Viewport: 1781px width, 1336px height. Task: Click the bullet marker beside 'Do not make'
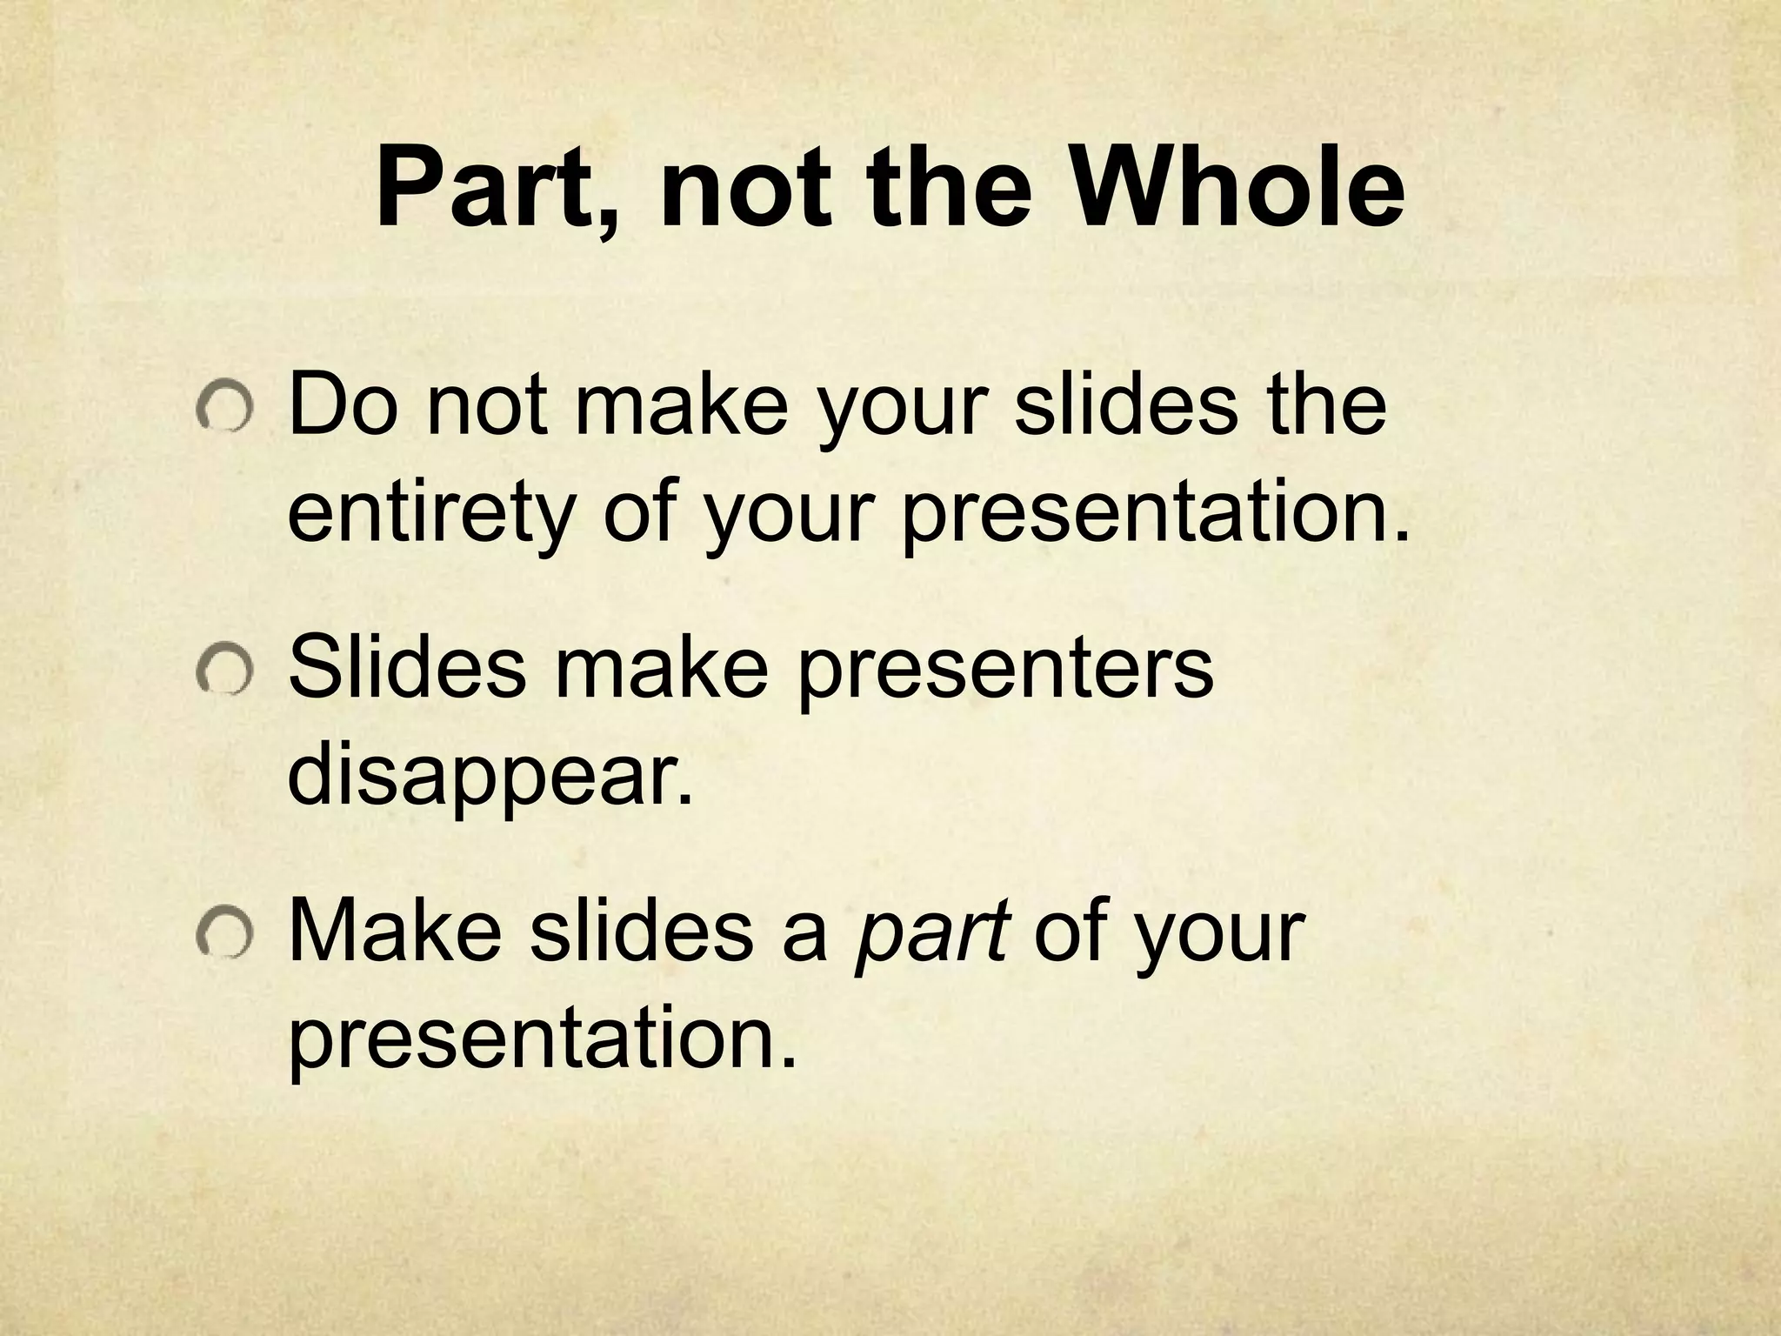[224, 408]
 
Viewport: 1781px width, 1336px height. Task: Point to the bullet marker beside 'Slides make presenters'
[224, 672]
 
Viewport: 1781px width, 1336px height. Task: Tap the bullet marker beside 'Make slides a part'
[224, 936]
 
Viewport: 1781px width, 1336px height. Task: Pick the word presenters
[1004, 671]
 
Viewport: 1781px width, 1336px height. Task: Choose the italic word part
[931, 936]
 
